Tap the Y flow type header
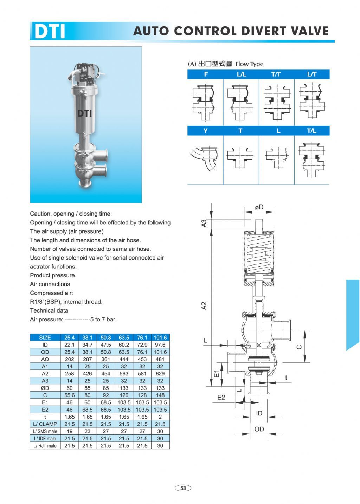pyautogui.click(x=205, y=131)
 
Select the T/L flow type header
pyautogui.click(x=311, y=131)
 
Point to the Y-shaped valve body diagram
pyautogui.click(x=205, y=158)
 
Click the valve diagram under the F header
pyautogui.click(x=205, y=102)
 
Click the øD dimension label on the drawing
pyautogui.click(x=259, y=207)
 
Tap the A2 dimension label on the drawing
pyautogui.click(x=204, y=306)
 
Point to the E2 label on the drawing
pyautogui.click(x=221, y=397)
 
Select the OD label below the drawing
pyautogui.click(x=259, y=429)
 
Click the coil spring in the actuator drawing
pyautogui.click(x=259, y=253)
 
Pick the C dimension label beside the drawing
pyautogui.click(x=299, y=347)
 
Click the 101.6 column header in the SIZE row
pyautogui.click(x=160, y=338)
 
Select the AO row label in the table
pyautogui.click(x=45, y=359)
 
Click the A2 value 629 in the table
pyautogui.click(x=160, y=373)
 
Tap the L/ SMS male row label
pyautogui.click(x=45, y=431)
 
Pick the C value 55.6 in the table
pyautogui.click(x=70, y=395)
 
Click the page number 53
pyautogui.click(x=183, y=488)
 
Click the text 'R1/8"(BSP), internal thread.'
pyautogui.click(x=66, y=302)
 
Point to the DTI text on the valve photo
pyautogui.click(x=85, y=113)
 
